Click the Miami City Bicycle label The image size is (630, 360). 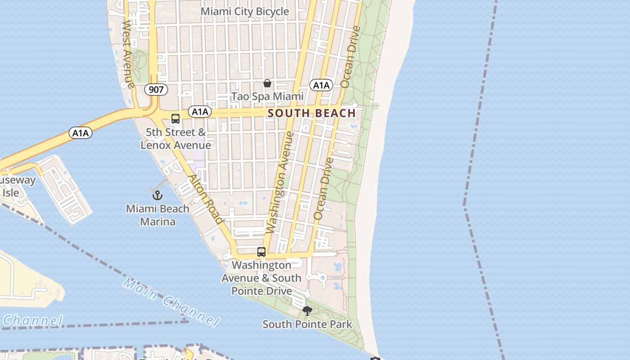click(x=244, y=12)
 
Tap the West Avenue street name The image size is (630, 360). click(x=128, y=54)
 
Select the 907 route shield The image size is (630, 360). click(x=156, y=90)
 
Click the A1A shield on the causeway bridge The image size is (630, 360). click(x=81, y=133)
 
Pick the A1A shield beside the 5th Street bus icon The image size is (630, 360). click(x=199, y=112)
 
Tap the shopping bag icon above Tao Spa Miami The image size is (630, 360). click(x=267, y=83)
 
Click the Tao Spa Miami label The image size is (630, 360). click(x=267, y=96)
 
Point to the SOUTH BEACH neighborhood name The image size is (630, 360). click(x=312, y=113)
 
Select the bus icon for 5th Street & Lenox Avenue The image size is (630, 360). click(x=175, y=119)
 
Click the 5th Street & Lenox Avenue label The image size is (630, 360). click(x=175, y=139)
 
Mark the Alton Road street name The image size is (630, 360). click(x=206, y=198)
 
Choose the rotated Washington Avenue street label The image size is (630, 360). click(x=279, y=182)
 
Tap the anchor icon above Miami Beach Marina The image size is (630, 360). click(x=157, y=195)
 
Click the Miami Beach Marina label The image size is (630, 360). click(x=157, y=215)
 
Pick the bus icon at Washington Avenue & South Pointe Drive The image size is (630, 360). click(x=261, y=252)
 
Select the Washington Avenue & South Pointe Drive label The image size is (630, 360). click(x=261, y=278)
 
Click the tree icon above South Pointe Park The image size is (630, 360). click(x=307, y=310)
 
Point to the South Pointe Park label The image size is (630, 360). click(x=307, y=324)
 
